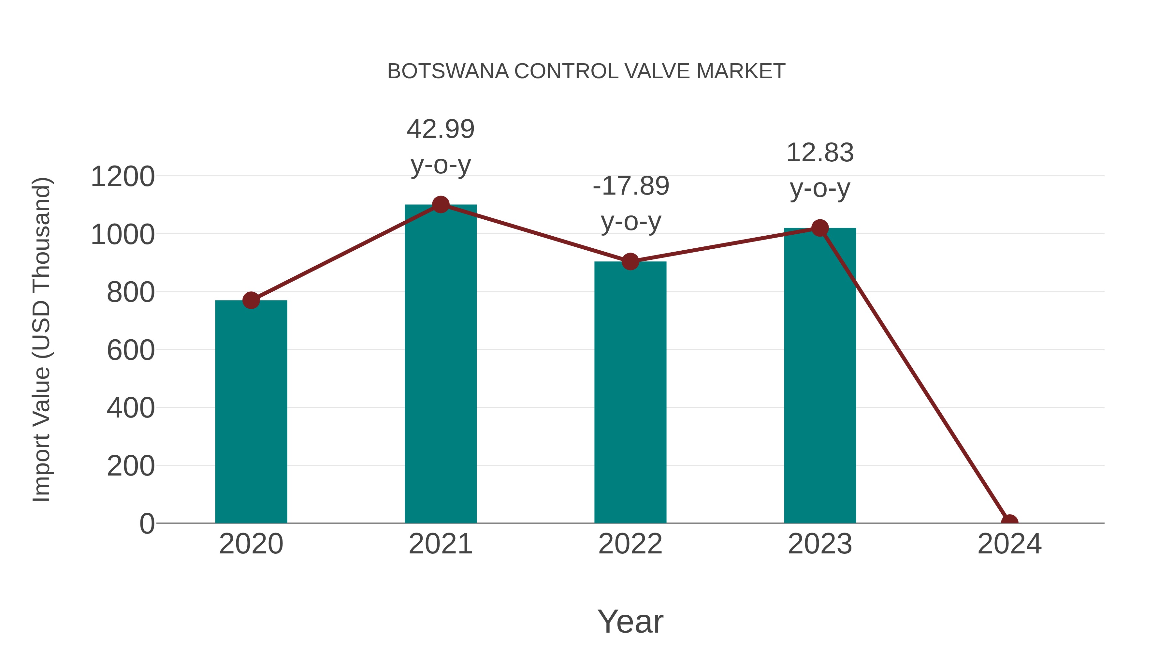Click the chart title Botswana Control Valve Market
point(586,71)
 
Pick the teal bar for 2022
point(630,392)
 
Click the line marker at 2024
point(1009,522)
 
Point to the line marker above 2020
point(251,300)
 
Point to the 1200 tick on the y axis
point(123,177)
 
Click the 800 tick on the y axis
point(131,292)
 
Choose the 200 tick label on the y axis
point(131,466)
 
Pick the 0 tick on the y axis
point(147,524)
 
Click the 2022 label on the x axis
point(630,544)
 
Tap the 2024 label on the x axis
point(1009,544)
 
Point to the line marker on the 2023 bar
point(820,228)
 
